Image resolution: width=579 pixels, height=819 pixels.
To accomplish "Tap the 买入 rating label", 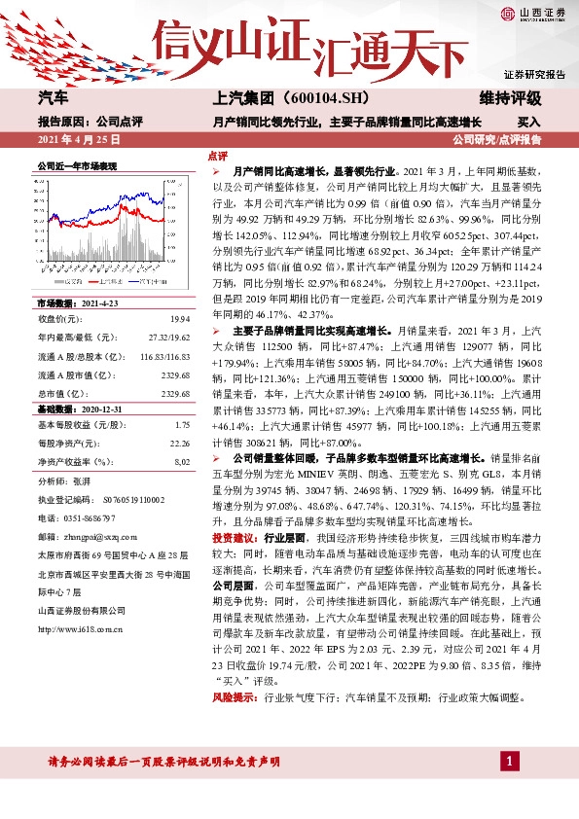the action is click(528, 123).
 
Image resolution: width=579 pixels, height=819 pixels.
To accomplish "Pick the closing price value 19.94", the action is click(180, 319).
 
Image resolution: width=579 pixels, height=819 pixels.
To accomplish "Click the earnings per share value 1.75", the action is click(182, 425).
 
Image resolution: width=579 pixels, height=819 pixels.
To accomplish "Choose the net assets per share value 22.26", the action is click(179, 443).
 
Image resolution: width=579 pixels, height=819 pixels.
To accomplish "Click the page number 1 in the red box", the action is click(508, 759).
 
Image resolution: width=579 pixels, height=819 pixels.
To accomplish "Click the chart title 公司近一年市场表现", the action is click(77, 166).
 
